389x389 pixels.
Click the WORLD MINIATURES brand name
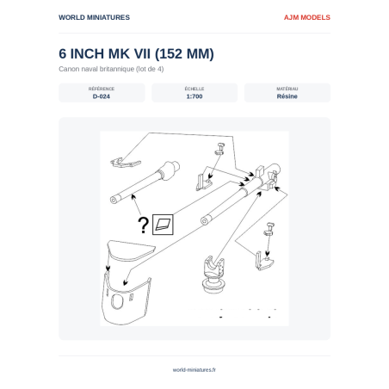tap(94, 17)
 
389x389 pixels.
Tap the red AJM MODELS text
tap(307, 17)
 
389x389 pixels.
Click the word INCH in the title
tap(87, 54)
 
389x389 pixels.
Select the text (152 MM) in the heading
tap(184, 54)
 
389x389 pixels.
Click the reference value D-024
tap(102, 96)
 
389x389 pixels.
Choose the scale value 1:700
tap(194, 96)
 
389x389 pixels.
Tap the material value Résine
tap(287, 96)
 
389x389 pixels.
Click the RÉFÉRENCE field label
tap(102, 89)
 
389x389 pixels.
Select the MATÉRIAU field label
tap(287, 89)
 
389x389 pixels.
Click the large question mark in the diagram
tap(143, 225)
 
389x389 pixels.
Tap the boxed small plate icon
tap(163, 225)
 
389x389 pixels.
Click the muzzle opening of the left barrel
tap(114, 200)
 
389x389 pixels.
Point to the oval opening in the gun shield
tap(117, 302)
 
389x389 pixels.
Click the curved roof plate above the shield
tap(131, 250)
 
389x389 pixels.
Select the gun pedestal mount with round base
tap(213, 275)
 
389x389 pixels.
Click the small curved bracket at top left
tap(125, 163)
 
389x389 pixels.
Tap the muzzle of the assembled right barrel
tap(205, 221)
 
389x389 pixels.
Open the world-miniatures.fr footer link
tap(194, 370)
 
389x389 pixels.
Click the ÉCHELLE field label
tap(194, 89)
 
